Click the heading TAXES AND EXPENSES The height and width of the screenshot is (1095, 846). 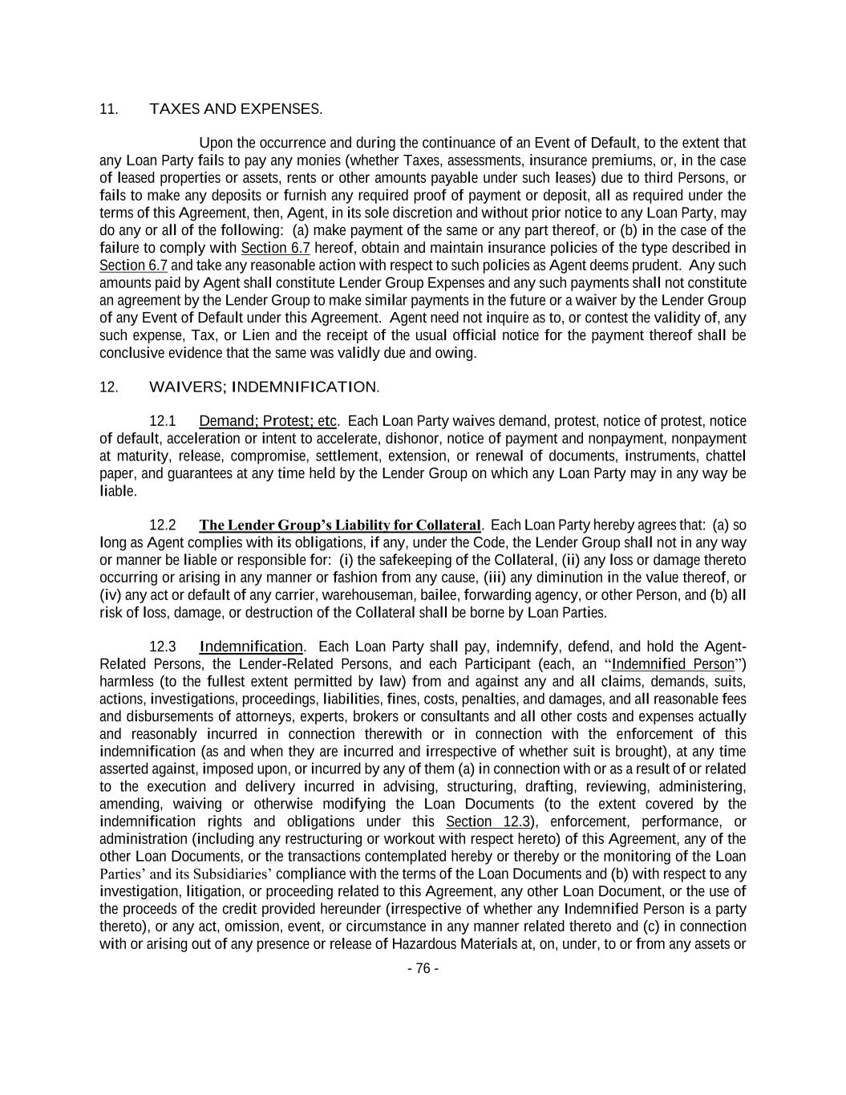coord(236,109)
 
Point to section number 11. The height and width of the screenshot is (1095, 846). coord(108,109)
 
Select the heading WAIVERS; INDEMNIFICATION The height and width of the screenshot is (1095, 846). coord(264,387)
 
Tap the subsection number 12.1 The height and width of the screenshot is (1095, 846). coord(163,421)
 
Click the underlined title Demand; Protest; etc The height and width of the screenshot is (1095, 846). coord(268,421)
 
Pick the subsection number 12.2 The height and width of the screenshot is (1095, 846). coord(163,525)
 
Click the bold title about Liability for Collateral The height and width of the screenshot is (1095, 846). coord(339,525)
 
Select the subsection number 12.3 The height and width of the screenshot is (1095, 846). coord(163,647)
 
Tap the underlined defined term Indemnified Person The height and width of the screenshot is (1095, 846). coord(672,664)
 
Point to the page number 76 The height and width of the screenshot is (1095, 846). coord(423,968)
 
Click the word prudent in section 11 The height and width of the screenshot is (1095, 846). coord(657,266)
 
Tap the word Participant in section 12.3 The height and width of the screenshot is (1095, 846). coord(495,664)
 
